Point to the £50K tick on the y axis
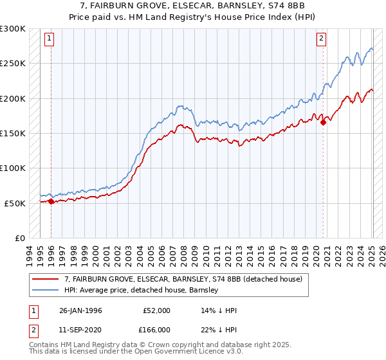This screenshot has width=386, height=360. [14, 203]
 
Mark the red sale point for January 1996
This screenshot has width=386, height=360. [51, 202]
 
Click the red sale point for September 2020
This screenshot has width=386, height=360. [323, 123]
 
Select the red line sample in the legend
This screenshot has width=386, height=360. [46, 278]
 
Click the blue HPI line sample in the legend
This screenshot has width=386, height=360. [46, 290]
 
